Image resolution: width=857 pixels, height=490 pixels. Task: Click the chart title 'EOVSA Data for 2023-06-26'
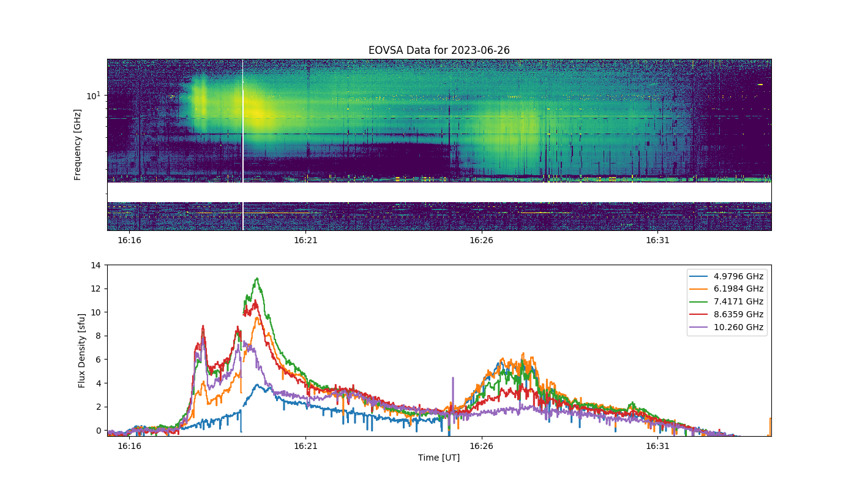439,50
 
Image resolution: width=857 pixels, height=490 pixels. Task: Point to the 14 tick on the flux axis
95,265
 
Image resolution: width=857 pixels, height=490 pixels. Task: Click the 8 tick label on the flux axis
99,336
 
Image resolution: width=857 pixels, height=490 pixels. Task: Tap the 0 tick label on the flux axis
99,431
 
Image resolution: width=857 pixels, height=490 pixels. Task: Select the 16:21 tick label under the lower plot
305,446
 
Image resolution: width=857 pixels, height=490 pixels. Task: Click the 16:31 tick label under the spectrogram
657,240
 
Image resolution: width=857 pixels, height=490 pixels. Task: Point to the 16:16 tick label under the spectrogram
129,240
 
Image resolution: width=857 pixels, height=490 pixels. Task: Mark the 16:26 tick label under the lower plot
481,446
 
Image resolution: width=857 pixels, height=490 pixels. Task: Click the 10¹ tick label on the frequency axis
94,96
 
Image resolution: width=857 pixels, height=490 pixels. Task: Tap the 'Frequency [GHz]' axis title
77,145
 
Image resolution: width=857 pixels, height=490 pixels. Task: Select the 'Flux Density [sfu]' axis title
81,350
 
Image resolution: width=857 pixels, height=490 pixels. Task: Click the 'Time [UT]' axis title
439,458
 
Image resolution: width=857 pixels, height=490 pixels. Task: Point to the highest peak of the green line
257,278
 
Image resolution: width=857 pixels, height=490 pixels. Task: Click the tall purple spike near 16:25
453,394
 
